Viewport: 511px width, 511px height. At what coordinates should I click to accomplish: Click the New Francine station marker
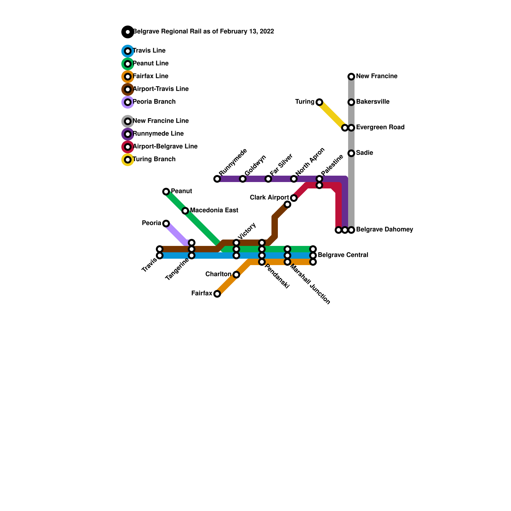click(351, 77)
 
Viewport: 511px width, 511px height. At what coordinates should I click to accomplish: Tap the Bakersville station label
click(372, 102)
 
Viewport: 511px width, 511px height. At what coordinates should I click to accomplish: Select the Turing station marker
click(319, 102)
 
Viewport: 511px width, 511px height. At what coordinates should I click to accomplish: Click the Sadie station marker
click(351, 153)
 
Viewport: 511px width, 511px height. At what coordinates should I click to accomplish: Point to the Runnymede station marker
click(217, 179)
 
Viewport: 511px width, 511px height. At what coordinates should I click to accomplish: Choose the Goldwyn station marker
click(243, 179)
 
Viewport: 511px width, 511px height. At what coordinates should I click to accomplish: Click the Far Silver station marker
click(268, 179)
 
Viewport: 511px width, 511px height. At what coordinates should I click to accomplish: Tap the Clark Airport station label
click(269, 198)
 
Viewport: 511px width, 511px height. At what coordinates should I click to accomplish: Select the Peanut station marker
click(166, 192)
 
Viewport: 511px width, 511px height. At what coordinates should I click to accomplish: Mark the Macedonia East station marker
click(185, 211)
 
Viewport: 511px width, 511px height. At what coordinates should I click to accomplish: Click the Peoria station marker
click(166, 224)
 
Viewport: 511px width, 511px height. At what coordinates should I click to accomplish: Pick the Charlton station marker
click(236, 275)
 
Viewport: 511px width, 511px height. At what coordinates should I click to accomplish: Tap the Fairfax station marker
click(217, 294)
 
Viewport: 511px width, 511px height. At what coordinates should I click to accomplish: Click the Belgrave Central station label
click(343, 255)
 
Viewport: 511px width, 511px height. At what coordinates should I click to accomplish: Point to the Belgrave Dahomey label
click(384, 230)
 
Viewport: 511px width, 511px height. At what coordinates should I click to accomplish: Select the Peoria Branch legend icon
click(128, 102)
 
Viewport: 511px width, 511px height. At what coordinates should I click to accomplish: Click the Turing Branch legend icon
click(128, 160)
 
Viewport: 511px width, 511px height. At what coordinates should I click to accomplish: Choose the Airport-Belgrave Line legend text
click(165, 147)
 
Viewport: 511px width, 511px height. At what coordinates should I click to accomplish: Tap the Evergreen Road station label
click(380, 127)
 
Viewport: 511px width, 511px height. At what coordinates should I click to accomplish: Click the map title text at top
click(203, 32)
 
